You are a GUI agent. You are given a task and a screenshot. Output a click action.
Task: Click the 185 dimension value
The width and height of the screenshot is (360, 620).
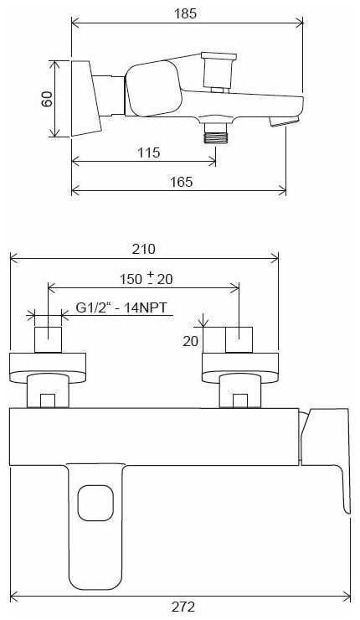(x=185, y=13)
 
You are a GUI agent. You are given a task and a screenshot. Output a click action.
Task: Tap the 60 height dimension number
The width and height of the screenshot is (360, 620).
(x=47, y=99)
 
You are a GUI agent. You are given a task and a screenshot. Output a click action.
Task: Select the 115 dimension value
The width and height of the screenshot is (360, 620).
(x=149, y=152)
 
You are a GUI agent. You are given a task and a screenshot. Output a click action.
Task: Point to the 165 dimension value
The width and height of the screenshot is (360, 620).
(x=182, y=182)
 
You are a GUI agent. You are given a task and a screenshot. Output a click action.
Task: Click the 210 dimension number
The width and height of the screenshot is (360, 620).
(x=143, y=249)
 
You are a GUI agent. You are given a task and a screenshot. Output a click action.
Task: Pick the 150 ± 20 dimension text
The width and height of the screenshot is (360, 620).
(x=147, y=278)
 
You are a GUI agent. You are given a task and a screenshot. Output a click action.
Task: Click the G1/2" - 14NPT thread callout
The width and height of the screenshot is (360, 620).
(x=121, y=307)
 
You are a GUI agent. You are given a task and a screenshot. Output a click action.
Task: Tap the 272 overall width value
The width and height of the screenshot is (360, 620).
(x=183, y=606)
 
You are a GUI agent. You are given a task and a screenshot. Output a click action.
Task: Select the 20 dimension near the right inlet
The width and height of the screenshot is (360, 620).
(x=190, y=340)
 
